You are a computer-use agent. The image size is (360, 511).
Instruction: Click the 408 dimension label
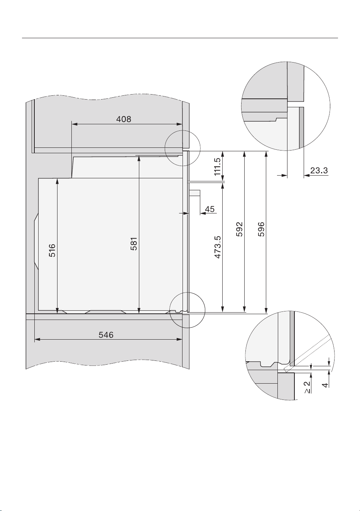pyautogui.click(x=123, y=119)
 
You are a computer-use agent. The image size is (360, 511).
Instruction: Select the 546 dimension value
pyautogui.click(x=106, y=335)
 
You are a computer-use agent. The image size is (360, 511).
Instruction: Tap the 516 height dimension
pyautogui.click(x=52, y=250)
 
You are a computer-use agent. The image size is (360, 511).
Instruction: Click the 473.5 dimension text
pyautogui.click(x=217, y=247)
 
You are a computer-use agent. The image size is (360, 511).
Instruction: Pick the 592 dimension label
pyautogui.click(x=239, y=229)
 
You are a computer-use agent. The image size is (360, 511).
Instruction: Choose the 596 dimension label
pyautogui.click(x=261, y=229)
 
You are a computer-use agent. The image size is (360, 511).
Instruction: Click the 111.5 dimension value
pyautogui.click(x=217, y=167)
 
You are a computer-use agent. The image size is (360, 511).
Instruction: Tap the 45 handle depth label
pyautogui.click(x=210, y=209)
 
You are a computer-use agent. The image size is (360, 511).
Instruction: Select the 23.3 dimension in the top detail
pyautogui.click(x=319, y=170)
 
